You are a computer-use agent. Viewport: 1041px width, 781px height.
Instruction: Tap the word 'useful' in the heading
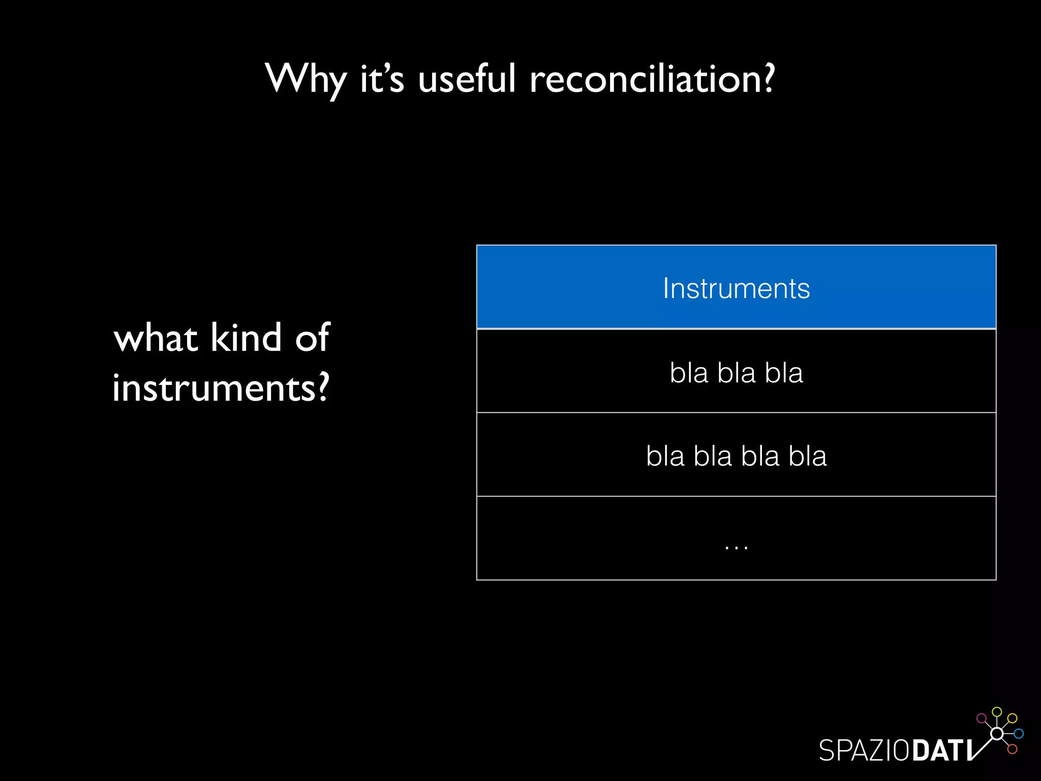(x=467, y=79)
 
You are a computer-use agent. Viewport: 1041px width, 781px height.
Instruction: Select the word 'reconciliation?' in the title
(x=652, y=79)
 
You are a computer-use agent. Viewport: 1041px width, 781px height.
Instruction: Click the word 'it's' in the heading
(x=382, y=79)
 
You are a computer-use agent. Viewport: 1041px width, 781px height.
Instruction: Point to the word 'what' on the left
(x=156, y=338)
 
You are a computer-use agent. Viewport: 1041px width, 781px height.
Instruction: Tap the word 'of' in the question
(x=312, y=338)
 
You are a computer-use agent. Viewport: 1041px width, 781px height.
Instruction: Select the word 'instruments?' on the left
(x=221, y=388)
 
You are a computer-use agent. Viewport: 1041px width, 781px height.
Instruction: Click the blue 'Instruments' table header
(x=736, y=288)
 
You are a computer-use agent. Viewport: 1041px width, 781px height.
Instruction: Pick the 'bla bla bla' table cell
(x=736, y=372)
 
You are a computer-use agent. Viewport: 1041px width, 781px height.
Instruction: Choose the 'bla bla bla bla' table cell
(x=736, y=456)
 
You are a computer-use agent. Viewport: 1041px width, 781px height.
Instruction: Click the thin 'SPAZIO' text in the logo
(x=864, y=750)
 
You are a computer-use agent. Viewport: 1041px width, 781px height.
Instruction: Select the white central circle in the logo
(x=997, y=734)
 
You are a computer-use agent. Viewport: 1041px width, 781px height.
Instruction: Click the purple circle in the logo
(x=982, y=718)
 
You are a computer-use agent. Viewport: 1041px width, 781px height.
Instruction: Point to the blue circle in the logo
(x=1019, y=734)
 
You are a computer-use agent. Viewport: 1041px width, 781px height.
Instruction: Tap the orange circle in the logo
(x=1012, y=749)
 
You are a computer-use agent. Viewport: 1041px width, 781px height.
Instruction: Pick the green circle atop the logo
(x=997, y=711)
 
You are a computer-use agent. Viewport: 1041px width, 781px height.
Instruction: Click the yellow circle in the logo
(x=1012, y=718)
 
